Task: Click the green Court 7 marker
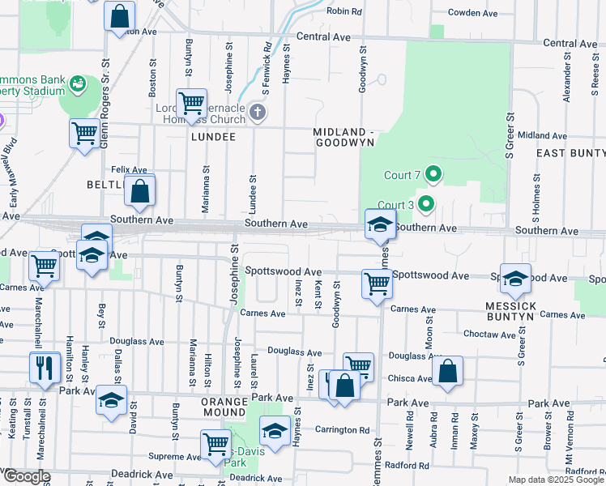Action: [433, 173]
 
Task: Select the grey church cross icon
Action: [257, 112]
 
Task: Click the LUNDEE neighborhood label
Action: [213, 137]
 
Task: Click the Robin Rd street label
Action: [344, 11]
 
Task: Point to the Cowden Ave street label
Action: [473, 13]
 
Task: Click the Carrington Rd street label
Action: [342, 430]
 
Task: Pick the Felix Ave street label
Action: [129, 169]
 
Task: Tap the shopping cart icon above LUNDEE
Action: [191, 104]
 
